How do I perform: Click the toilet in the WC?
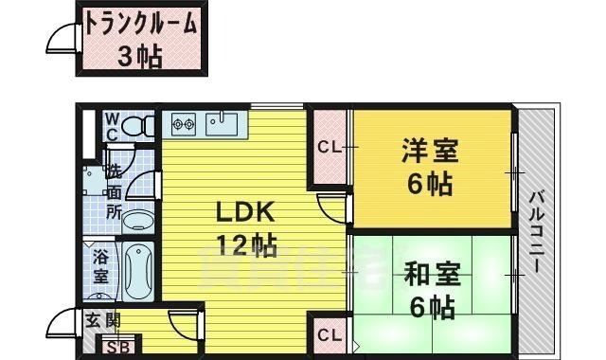tap(139, 124)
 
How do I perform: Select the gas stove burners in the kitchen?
tap(184, 123)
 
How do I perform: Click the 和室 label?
tap(431, 276)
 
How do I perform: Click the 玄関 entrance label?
tap(104, 319)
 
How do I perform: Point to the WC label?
tap(111, 126)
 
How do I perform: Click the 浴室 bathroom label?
tap(101, 266)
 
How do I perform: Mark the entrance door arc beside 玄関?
tap(58, 324)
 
